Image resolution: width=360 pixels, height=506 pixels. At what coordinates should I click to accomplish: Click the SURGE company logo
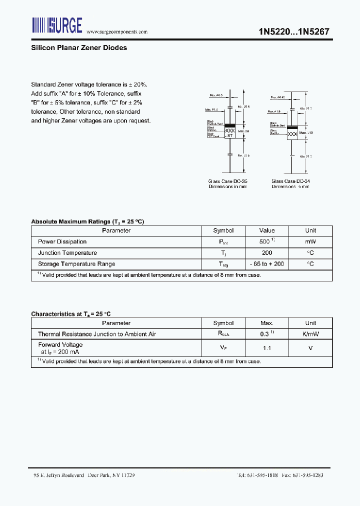point(57,25)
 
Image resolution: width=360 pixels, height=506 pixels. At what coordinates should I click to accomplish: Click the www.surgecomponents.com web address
point(117,31)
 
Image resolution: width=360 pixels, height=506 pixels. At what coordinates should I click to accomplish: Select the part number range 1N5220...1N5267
point(293,30)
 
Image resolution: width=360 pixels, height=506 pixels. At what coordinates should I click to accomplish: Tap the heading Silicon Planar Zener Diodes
point(79,48)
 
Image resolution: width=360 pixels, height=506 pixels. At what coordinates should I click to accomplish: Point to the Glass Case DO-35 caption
point(227,181)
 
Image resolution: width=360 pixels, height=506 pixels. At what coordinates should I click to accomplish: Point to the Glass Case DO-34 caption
point(290,181)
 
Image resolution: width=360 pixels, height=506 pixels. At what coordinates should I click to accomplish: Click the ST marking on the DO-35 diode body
point(229,136)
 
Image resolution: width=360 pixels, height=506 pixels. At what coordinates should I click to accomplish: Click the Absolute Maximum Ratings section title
point(87,221)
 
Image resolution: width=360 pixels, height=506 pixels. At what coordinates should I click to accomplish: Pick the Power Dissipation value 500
point(265,241)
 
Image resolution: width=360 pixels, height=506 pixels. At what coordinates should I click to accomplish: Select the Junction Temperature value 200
point(266,253)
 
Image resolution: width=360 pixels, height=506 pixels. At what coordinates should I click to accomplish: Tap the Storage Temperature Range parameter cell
point(76,264)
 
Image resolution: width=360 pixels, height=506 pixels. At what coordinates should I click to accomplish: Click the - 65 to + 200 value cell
point(266,264)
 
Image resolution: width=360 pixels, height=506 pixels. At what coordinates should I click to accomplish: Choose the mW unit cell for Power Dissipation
point(310,241)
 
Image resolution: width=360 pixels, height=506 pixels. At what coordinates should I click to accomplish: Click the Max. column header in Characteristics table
point(266,323)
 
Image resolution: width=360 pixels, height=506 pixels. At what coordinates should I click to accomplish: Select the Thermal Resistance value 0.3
point(265,334)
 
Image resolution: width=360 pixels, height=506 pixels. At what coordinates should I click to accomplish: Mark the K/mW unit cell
point(310,334)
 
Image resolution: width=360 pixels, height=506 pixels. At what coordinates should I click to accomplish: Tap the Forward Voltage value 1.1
point(266,348)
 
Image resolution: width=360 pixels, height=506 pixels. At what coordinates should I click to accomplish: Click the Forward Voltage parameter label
point(60,345)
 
